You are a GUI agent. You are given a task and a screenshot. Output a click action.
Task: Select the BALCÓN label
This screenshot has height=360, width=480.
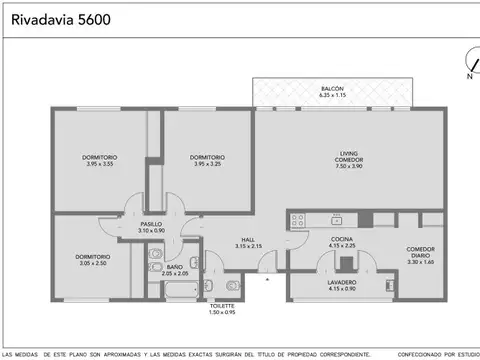pyautogui.click(x=333, y=89)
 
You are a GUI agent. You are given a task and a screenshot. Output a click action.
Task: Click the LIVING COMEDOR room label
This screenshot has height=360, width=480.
pyautogui.click(x=349, y=157)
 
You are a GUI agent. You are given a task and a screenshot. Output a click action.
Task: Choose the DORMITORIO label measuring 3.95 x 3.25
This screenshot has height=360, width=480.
pyautogui.click(x=207, y=157)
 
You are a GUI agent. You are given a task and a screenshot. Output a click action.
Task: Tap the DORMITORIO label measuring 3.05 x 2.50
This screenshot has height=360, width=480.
pyautogui.click(x=92, y=257)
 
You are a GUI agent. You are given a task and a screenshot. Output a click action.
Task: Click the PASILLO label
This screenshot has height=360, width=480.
pyautogui.click(x=151, y=224)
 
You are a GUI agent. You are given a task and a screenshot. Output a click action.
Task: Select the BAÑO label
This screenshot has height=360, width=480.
pyautogui.click(x=175, y=268)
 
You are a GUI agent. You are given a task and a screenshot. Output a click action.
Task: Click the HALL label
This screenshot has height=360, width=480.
pyautogui.click(x=248, y=240)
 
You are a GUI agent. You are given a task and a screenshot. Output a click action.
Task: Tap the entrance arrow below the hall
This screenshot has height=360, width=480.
pyautogui.click(x=267, y=281)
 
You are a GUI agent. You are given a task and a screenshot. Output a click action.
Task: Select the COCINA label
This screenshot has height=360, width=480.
pyautogui.click(x=342, y=240)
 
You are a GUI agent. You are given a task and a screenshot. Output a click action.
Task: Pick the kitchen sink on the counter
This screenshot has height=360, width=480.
pyautogui.click(x=337, y=220)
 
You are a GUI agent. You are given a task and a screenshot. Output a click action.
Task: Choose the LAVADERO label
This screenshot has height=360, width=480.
pyautogui.click(x=342, y=283)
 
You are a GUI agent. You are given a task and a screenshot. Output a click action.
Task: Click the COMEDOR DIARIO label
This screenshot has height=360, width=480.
pyautogui.click(x=420, y=252)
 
